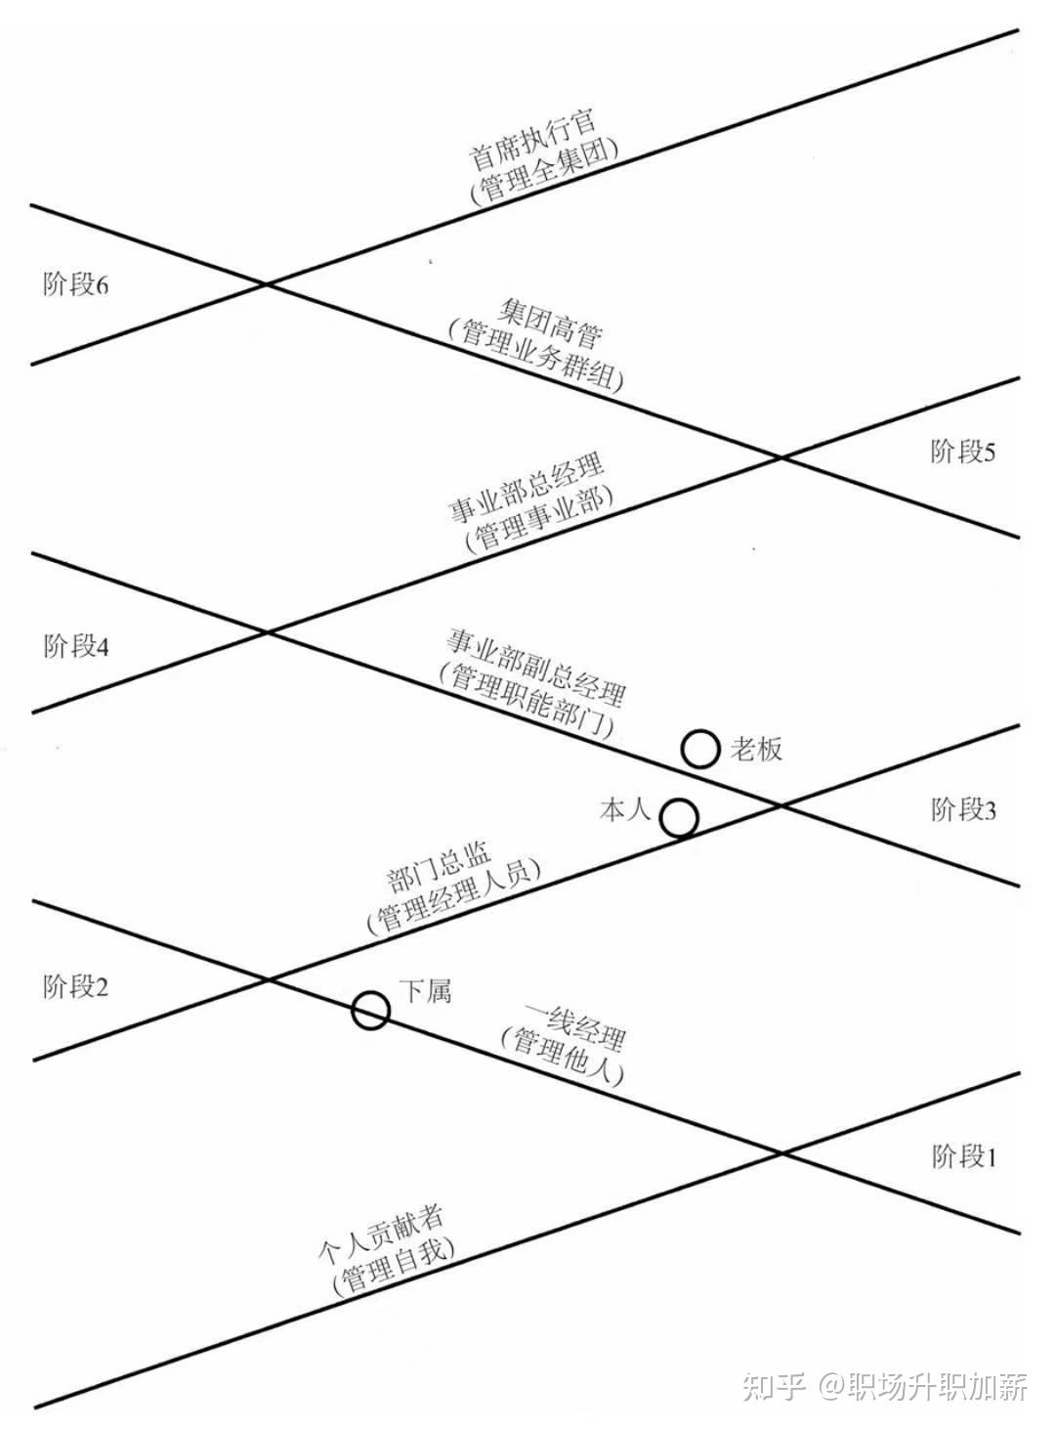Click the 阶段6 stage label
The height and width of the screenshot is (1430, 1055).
point(76,285)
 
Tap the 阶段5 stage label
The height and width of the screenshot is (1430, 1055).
point(963,452)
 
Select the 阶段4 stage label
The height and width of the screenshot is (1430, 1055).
point(76,647)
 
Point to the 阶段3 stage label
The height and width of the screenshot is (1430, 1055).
point(963,810)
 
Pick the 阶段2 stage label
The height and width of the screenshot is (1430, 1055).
point(76,987)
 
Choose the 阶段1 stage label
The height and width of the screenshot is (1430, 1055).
point(963,1157)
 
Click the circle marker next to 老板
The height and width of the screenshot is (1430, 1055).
point(700,750)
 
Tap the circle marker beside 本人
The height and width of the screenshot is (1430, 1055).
point(679,817)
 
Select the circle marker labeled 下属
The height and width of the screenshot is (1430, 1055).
point(371,1011)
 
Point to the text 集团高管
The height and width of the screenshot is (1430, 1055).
point(549,323)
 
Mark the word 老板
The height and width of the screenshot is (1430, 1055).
point(756,750)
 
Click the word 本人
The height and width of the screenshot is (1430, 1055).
point(625,809)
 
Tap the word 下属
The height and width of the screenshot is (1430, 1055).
point(426,991)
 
